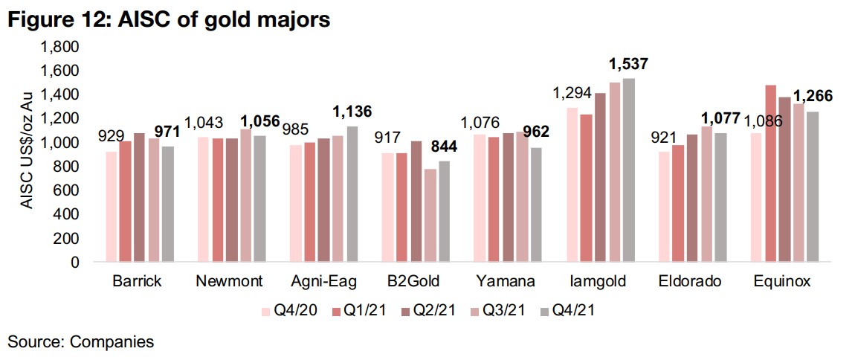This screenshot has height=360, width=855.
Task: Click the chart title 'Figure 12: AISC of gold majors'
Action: coord(168,20)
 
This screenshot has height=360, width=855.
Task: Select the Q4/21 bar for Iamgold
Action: coord(629,170)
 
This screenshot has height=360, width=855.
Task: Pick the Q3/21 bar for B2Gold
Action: coord(429,215)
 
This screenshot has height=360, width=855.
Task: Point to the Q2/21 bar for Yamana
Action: coord(508,197)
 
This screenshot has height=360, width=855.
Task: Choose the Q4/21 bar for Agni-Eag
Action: coord(351,194)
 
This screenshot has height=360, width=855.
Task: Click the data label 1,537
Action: coord(629,64)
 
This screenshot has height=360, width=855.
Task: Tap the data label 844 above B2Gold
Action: coord(445,147)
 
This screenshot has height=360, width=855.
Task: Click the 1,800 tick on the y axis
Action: coord(62,47)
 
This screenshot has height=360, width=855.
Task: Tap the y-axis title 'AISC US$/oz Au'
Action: coord(27,152)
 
